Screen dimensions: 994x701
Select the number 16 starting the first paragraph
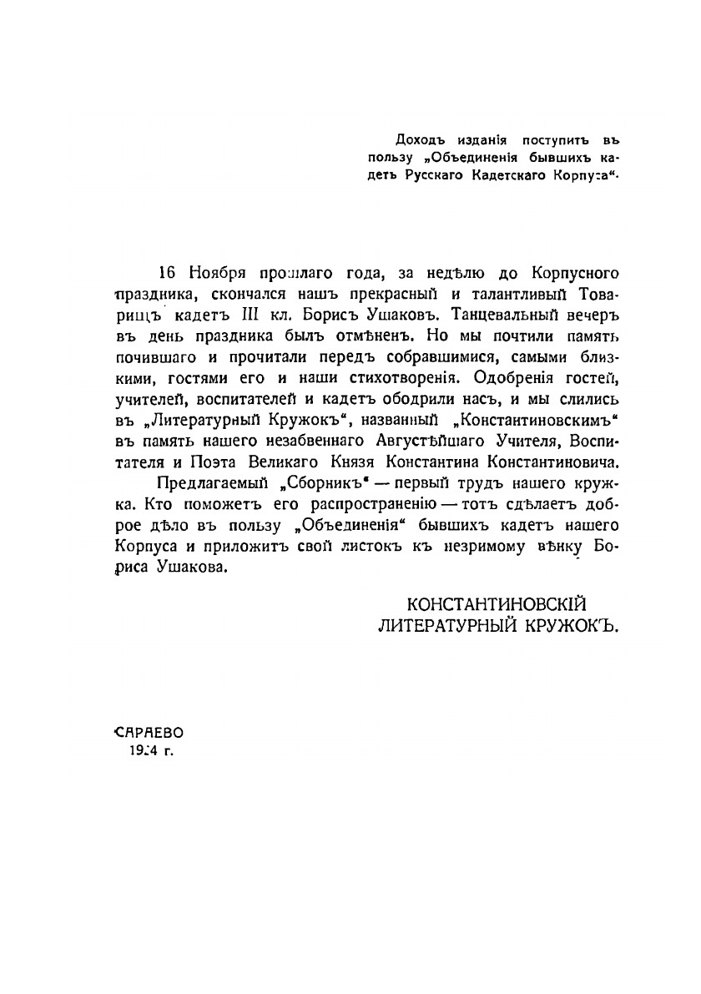pos(168,274)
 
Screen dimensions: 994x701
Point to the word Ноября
pos(216,274)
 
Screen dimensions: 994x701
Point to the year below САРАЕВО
pos(144,749)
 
